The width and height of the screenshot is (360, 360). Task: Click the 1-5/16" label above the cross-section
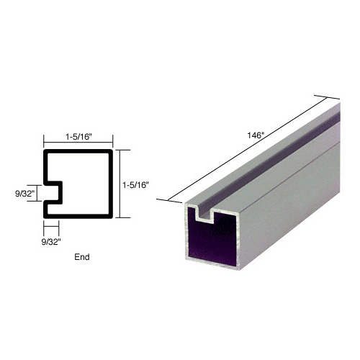[x=77, y=135]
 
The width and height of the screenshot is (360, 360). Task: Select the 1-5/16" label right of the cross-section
[x=135, y=184]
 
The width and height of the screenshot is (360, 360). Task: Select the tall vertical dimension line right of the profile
[x=120, y=184]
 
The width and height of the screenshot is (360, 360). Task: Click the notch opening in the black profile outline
[x=53, y=192]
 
